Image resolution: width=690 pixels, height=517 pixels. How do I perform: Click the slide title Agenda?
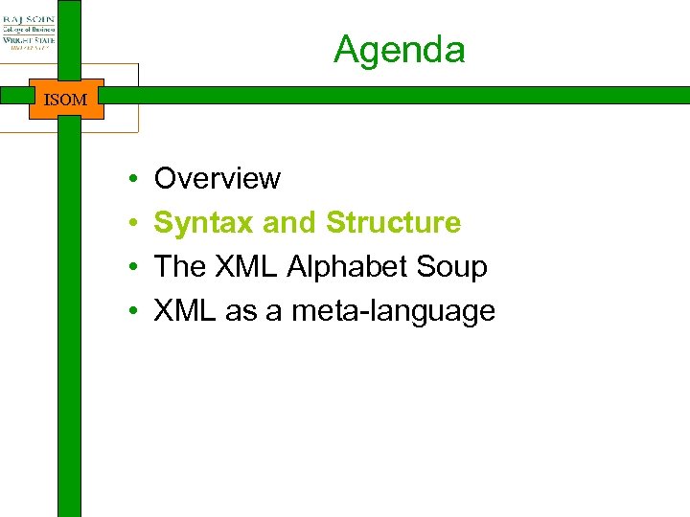399,50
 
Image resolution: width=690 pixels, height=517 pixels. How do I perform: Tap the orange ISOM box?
66,100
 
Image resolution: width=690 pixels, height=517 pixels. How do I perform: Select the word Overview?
217,179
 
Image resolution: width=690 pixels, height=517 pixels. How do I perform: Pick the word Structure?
393,223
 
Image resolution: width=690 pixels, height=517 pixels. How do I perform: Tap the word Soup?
454,267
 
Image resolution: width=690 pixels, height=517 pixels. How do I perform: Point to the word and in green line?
290,223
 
